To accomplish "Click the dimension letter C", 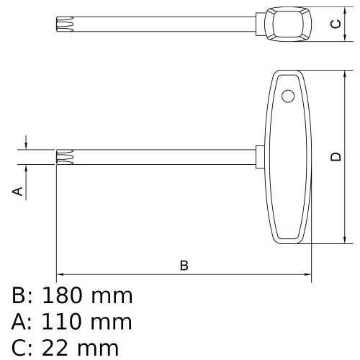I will tap(335, 24).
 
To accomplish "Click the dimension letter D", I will tap(336, 157).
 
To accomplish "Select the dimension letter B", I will tap(184, 266).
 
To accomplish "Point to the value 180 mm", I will tap(87, 295).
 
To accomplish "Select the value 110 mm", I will tap(86, 322).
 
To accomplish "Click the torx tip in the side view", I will tap(65, 157).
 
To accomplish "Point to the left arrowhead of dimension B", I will tap(60, 274).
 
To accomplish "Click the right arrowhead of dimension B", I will tap(307, 274).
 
